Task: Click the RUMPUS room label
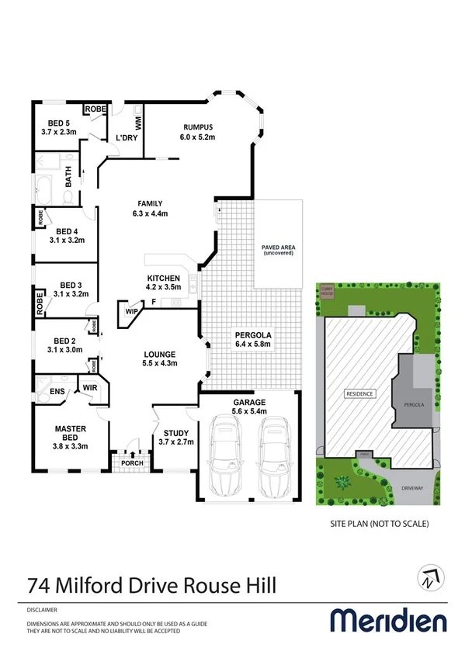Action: point(198,127)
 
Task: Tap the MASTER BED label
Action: point(69,428)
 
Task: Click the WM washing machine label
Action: point(138,122)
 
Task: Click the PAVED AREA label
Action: point(279,248)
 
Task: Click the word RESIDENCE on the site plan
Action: point(359,393)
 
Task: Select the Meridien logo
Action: point(389,621)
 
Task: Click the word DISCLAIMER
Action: point(41,609)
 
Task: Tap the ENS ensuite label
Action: point(57,392)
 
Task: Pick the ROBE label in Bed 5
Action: point(95,109)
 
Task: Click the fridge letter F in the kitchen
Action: point(154,301)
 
